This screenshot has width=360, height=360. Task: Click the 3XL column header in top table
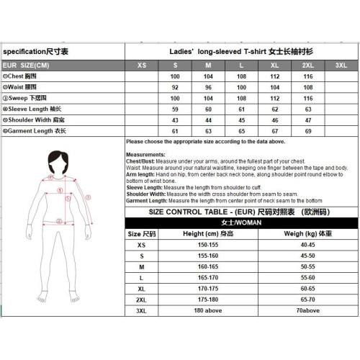pos(341,65)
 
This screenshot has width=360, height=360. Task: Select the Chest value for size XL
pos(274,76)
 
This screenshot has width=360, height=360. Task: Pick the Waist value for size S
pos(174,86)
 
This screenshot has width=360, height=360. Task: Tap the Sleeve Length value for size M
pos(207,109)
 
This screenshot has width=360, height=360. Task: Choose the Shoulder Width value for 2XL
pos(308,120)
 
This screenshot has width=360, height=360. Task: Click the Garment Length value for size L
pos(241,131)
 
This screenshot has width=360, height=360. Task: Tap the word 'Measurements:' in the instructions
pos(145,155)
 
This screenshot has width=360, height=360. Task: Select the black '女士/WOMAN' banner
pos(241,223)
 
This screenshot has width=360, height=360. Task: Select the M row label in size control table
pos(142,266)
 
